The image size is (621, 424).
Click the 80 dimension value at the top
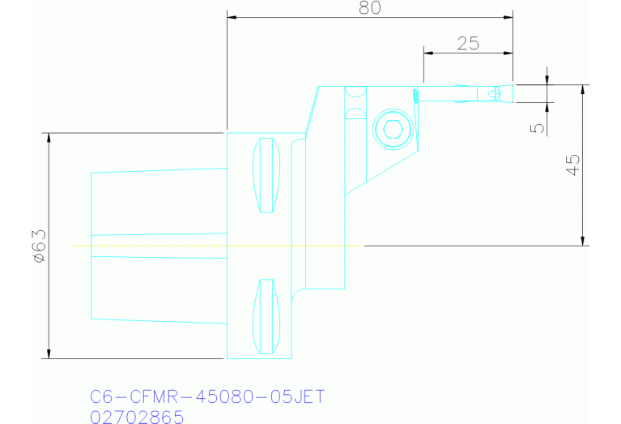(370, 7)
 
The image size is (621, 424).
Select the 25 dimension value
(468, 44)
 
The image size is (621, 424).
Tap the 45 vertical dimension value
(572, 165)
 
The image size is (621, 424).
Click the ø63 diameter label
(39, 245)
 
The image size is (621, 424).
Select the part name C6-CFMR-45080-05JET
(206, 397)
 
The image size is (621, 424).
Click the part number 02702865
(137, 417)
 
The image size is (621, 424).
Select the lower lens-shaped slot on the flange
(265, 316)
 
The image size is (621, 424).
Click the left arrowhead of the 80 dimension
(232, 17)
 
